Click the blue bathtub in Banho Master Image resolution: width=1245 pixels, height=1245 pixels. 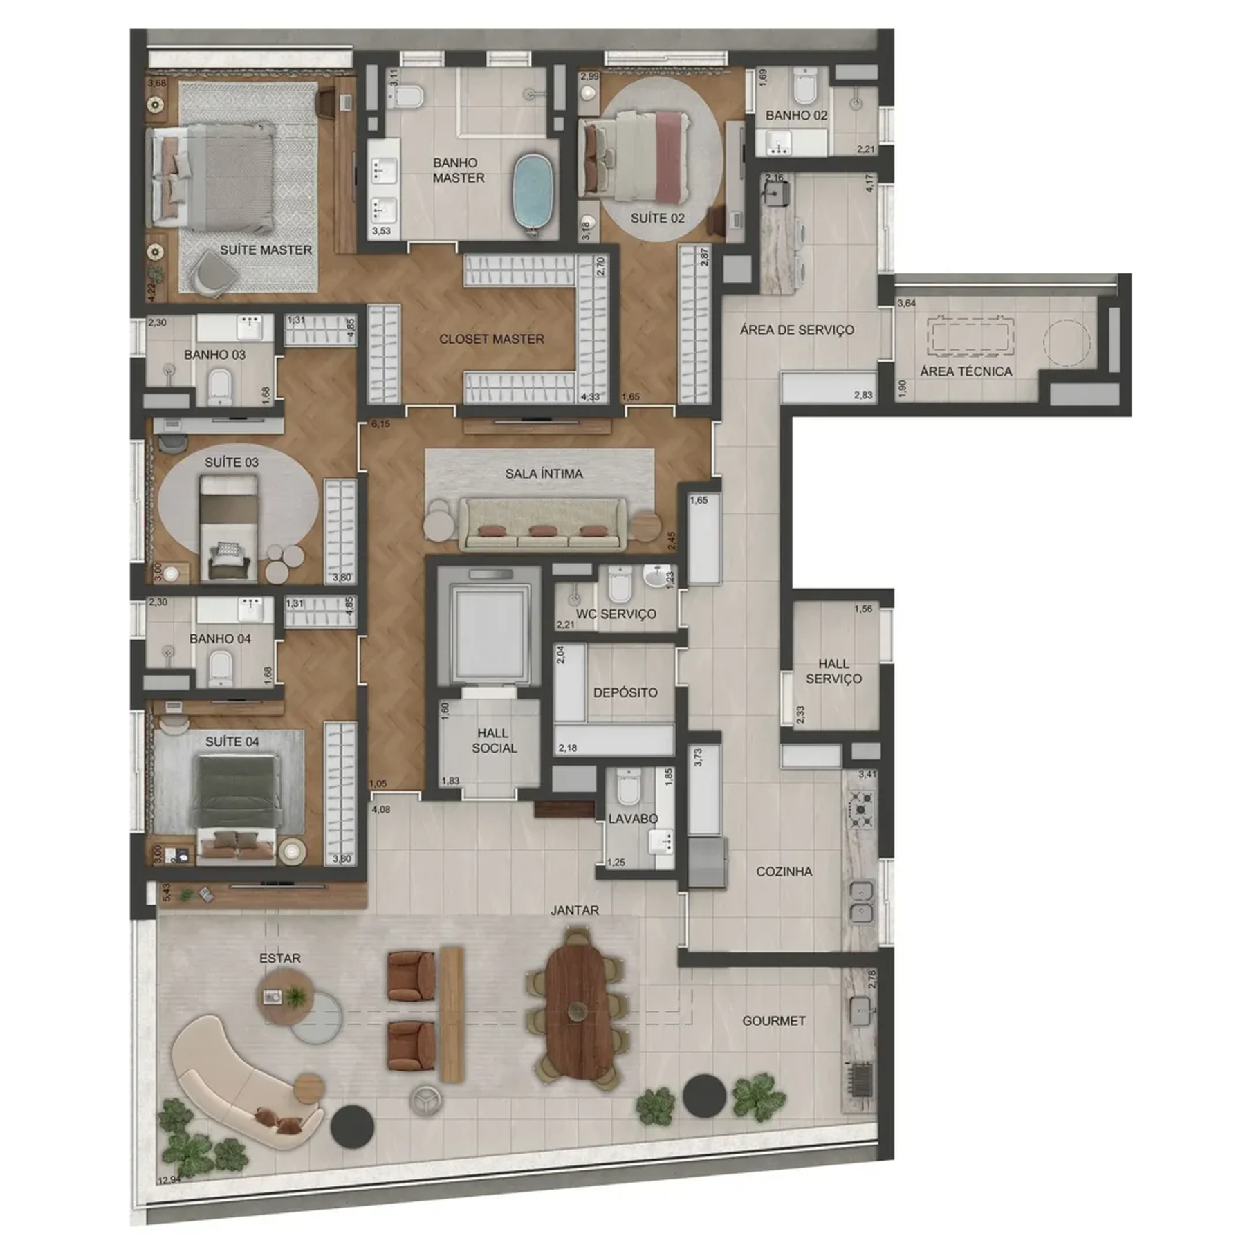[532, 192]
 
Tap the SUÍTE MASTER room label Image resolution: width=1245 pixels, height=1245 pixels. [266, 250]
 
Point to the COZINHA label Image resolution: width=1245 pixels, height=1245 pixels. [784, 871]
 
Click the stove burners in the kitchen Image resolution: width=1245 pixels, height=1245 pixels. [861, 809]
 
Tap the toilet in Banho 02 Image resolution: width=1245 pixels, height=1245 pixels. [804, 86]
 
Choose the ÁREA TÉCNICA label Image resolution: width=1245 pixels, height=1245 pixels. [966, 371]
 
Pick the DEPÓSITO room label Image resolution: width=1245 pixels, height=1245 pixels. [625, 692]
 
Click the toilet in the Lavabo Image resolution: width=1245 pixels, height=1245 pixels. [628, 788]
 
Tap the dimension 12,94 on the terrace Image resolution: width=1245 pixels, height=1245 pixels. [169, 1179]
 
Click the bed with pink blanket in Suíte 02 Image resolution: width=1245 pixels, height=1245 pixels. [636, 156]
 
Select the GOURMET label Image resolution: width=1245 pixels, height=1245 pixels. [773, 1021]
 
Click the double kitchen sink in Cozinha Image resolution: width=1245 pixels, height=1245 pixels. [861, 902]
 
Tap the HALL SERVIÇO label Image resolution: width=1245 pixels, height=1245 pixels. [833, 671]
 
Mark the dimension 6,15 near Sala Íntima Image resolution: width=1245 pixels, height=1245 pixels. [380, 424]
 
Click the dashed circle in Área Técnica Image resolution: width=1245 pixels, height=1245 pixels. [1067, 342]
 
